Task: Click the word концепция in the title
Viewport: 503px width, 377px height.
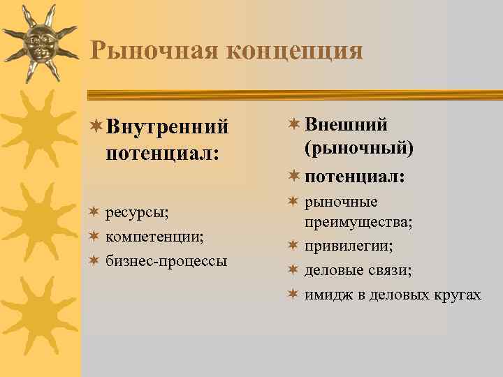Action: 286,51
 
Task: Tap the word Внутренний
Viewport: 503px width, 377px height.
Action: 168,128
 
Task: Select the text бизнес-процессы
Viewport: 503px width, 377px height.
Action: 166,261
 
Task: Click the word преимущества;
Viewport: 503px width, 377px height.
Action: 358,222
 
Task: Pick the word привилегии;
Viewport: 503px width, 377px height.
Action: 349,246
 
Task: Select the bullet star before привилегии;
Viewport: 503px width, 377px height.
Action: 293,246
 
